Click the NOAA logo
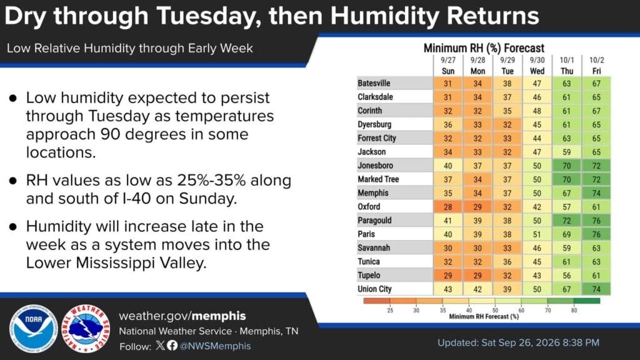(34, 329)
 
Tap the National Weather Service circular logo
(86, 329)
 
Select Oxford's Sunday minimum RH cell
(447, 206)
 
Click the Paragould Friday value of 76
(596, 221)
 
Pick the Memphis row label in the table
(373, 193)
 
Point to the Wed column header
(537, 71)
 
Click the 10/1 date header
(566, 60)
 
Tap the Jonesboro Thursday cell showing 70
(566, 166)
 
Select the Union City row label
(375, 289)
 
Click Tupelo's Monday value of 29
(477, 276)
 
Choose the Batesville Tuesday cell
(507, 83)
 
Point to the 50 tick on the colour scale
(495, 310)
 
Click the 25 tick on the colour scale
(390, 310)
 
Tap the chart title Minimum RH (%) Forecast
(484, 48)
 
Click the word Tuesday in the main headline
(209, 16)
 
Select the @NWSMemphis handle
(215, 346)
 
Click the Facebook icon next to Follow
(172, 346)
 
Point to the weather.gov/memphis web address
(182, 316)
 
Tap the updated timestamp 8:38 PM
(581, 342)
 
